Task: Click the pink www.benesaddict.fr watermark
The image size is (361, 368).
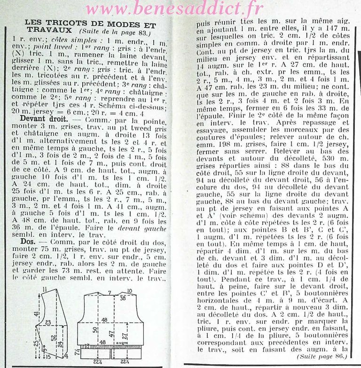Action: tap(180, 9)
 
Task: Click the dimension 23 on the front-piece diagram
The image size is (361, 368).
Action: tap(48, 322)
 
